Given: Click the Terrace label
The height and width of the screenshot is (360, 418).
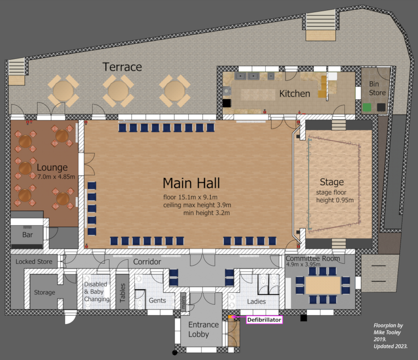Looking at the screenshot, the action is point(122,67).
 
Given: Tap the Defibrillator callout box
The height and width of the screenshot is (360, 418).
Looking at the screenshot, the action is point(264,320).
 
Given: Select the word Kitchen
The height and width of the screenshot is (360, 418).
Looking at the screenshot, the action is point(294,93).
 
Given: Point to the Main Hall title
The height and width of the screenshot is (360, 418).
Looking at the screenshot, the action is point(191,183).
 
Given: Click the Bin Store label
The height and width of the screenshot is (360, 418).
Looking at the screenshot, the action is point(377,89).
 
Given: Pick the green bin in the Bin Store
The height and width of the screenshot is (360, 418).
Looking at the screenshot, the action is point(367,108).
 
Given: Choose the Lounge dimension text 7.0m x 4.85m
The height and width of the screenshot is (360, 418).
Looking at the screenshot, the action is point(56,177).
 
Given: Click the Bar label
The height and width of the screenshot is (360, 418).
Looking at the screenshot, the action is point(27,235).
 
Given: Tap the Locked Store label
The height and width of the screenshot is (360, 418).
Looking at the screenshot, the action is point(34,262).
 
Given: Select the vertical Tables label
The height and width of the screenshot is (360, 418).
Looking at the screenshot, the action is point(122,292).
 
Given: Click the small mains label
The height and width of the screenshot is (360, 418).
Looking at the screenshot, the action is point(183,302).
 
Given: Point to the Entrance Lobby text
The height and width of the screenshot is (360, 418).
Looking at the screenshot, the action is point(203,329).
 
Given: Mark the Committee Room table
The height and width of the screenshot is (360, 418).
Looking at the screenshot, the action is point(323,285).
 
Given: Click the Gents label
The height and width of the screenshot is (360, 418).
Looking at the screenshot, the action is point(157,301).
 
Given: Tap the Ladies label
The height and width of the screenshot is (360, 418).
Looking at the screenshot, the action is point(256,301).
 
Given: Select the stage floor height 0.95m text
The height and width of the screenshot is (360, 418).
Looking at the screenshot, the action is point(335,197).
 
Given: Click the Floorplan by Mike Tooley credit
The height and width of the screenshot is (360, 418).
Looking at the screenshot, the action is point(390,336).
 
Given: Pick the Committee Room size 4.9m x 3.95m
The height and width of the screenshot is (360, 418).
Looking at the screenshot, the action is point(303,264).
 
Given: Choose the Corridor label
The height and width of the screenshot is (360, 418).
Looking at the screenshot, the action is point(147,262).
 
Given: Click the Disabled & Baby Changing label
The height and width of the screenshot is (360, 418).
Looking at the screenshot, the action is point(96,292).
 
